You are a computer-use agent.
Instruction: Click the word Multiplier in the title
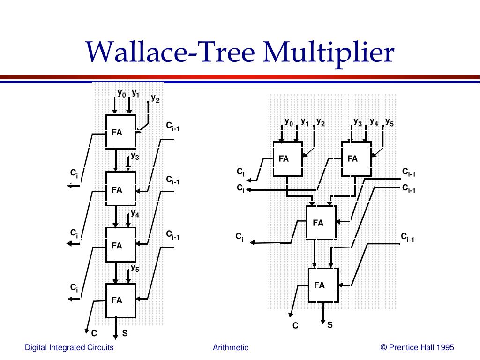tap(329, 53)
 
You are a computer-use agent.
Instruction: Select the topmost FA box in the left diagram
tap(120, 132)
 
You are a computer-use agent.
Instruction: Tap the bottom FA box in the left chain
tap(120, 300)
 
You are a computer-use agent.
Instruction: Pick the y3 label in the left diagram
tap(135, 156)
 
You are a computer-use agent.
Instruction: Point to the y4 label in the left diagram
tap(135, 213)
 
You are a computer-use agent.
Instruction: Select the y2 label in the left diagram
tap(155, 98)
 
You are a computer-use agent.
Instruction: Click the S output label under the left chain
tap(125, 333)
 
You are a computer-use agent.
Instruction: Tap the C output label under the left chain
tap(94, 333)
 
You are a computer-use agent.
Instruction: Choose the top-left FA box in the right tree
tap(288, 158)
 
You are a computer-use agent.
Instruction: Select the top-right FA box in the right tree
tap(356, 158)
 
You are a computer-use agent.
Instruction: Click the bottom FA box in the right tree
tap(323, 285)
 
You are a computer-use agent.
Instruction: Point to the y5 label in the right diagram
tap(390, 122)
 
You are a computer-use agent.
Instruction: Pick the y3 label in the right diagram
tap(358, 122)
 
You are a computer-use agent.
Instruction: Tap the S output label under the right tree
tap(330, 325)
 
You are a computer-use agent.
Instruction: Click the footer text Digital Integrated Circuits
tap(69, 347)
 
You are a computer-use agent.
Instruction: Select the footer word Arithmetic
tap(231, 347)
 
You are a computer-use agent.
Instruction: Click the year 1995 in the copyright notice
tap(445, 347)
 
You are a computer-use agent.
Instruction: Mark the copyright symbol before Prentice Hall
tap(384, 347)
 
